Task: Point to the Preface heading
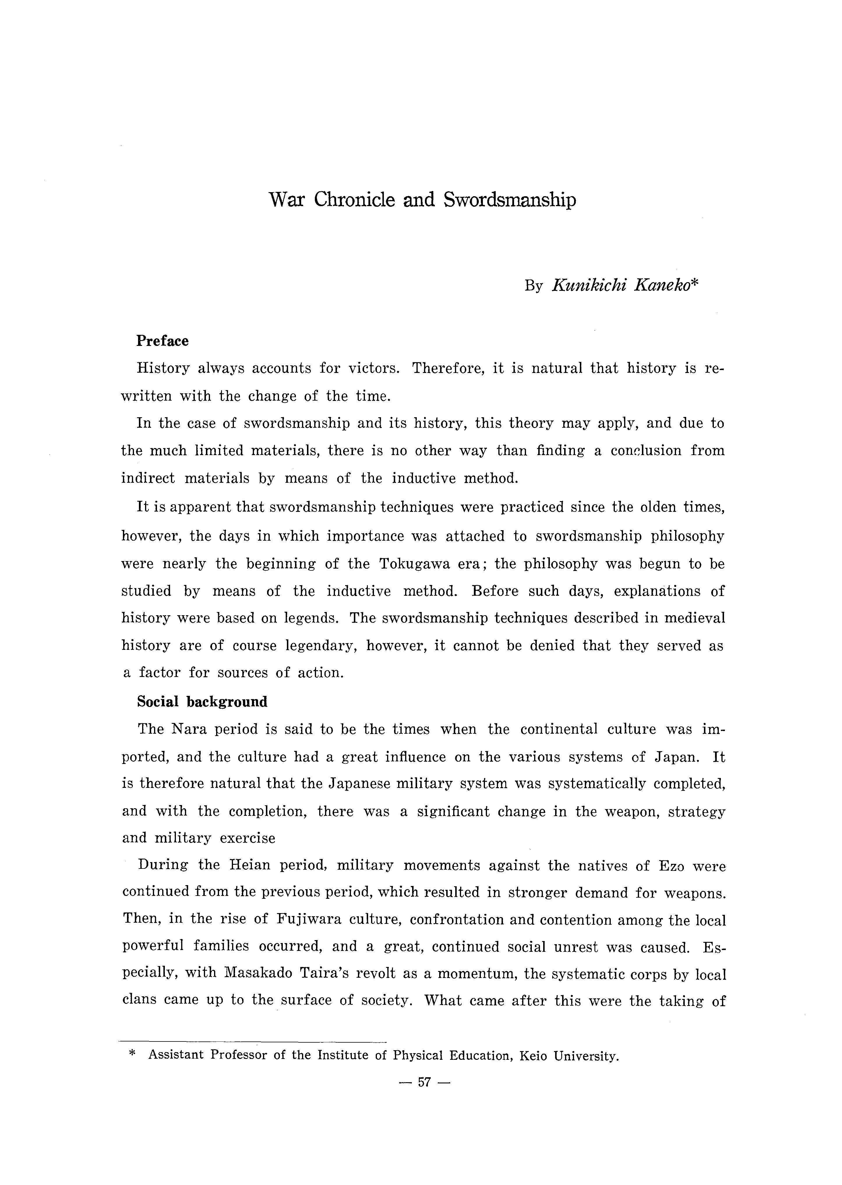pos(162,341)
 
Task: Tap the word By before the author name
pos(533,286)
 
